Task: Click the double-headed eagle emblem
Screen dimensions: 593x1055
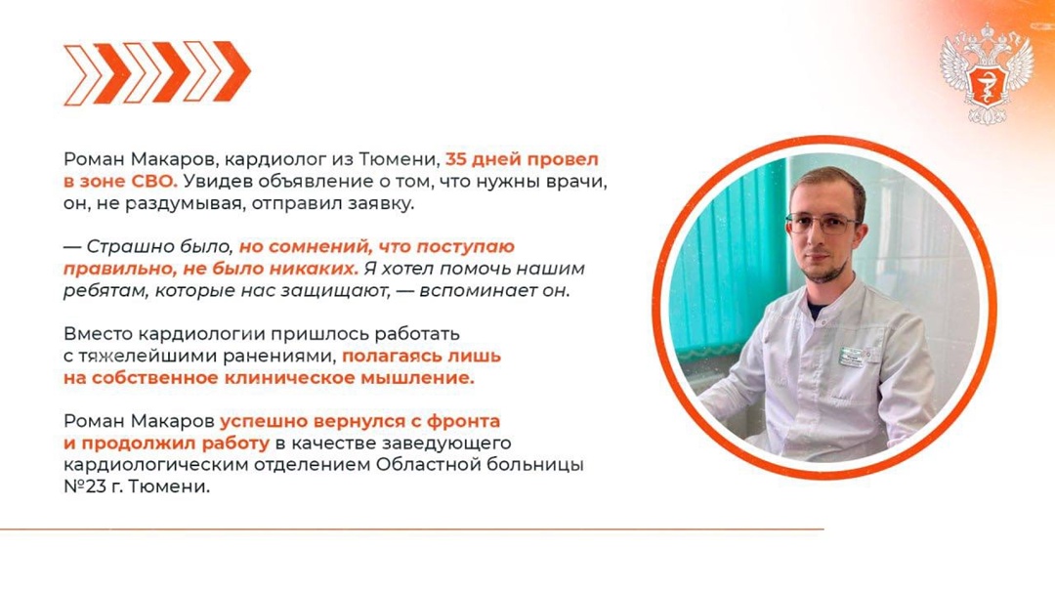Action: [x=987, y=75]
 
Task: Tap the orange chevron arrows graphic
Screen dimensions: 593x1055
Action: [x=157, y=72]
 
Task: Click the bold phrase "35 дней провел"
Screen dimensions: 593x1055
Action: [x=522, y=157]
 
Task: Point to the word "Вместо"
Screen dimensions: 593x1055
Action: [x=92, y=333]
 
